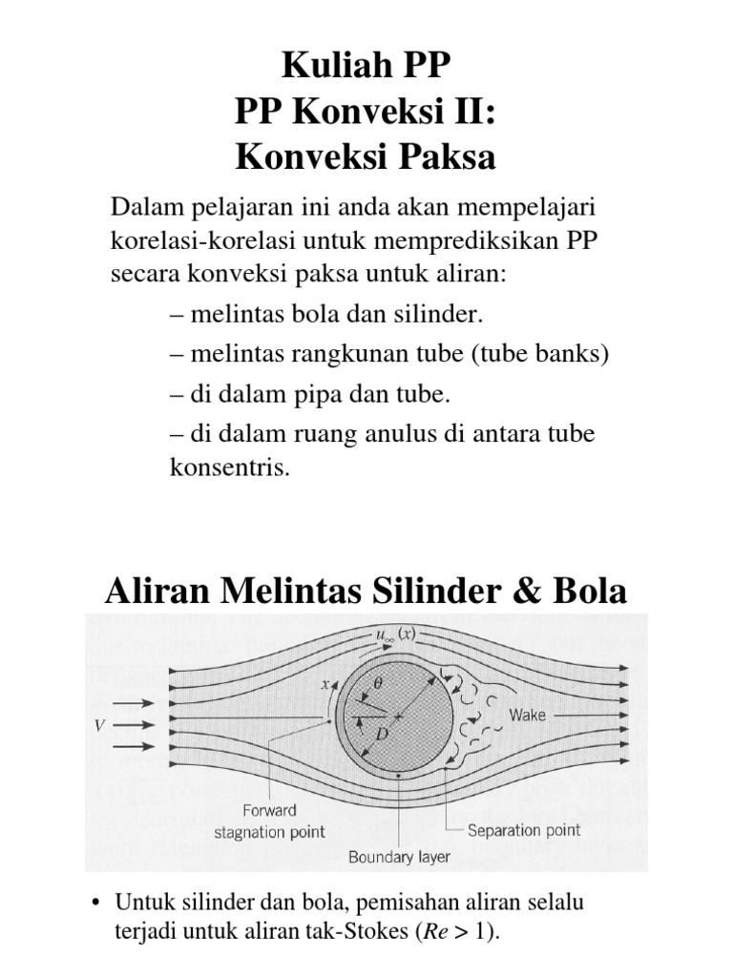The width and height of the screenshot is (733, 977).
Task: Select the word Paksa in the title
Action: pos(450,156)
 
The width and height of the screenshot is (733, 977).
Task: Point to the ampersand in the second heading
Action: pos(527,592)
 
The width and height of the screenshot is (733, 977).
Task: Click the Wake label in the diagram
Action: pos(528,715)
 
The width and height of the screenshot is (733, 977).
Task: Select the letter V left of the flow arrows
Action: pos(98,726)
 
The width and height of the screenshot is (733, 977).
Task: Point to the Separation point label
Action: pos(525,829)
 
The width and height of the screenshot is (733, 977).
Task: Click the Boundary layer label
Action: pos(399,857)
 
